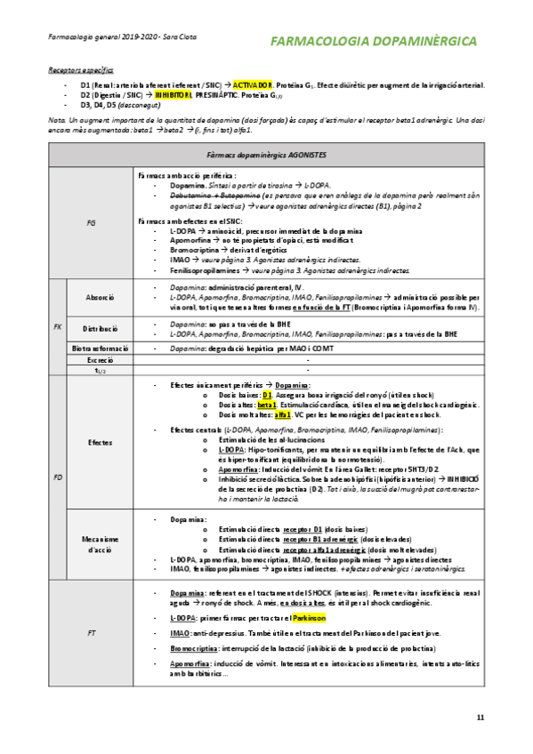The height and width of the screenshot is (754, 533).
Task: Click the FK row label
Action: [x=58, y=327]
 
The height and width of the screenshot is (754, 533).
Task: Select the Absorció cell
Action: [x=100, y=296]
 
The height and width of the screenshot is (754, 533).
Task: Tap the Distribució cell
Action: [x=100, y=328]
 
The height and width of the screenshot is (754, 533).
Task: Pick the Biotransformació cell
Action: [x=100, y=348]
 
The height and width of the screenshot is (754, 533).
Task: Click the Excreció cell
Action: [x=100, y=361]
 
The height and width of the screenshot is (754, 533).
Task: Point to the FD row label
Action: [x=58, y=477]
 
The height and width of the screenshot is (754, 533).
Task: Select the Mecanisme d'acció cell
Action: [x=100, y=544]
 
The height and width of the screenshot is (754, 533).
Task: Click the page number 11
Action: [x=481, y=718]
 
